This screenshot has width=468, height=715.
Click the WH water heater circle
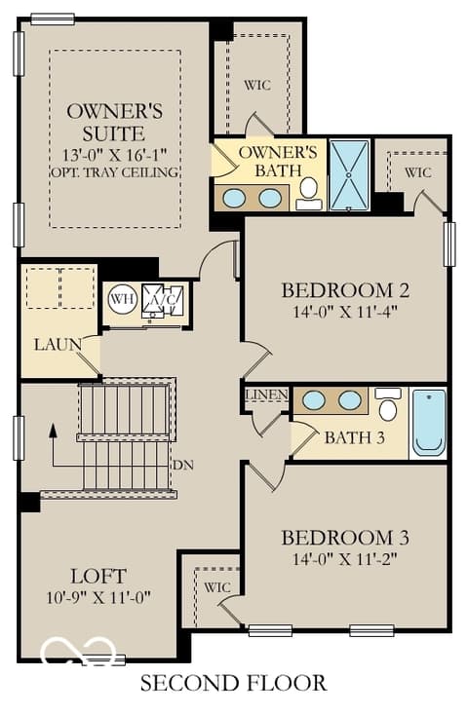tap(123, 300)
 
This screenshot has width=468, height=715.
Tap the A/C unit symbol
tap(163, 300)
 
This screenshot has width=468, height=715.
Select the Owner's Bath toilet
tap(309, 193)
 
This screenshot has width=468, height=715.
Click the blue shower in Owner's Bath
tap(349, 175)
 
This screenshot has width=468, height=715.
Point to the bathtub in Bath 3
tap(429, 423)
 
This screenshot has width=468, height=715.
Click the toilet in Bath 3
tap(388, 404)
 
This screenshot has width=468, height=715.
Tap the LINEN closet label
tap(267, 395)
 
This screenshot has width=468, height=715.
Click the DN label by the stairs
tap(183, 466)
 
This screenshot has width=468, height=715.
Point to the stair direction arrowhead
tap(53, 430)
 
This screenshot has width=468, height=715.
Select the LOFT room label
tap(98, 577)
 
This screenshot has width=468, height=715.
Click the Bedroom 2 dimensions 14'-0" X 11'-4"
tap(345, 313)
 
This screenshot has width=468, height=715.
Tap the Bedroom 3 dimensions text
tap(345, 559)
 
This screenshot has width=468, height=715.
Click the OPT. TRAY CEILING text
tap(114, 172)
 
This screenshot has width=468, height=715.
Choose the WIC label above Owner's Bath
tap(257, 86)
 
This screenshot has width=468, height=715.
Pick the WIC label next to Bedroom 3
tap(216, 587)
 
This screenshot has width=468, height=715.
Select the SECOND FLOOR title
tap(233, 684)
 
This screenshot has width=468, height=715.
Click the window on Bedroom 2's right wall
tap(450, 245)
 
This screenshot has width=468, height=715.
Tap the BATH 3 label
tap(354, 438)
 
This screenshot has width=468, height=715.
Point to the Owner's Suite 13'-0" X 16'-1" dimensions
tap(114, 155)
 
